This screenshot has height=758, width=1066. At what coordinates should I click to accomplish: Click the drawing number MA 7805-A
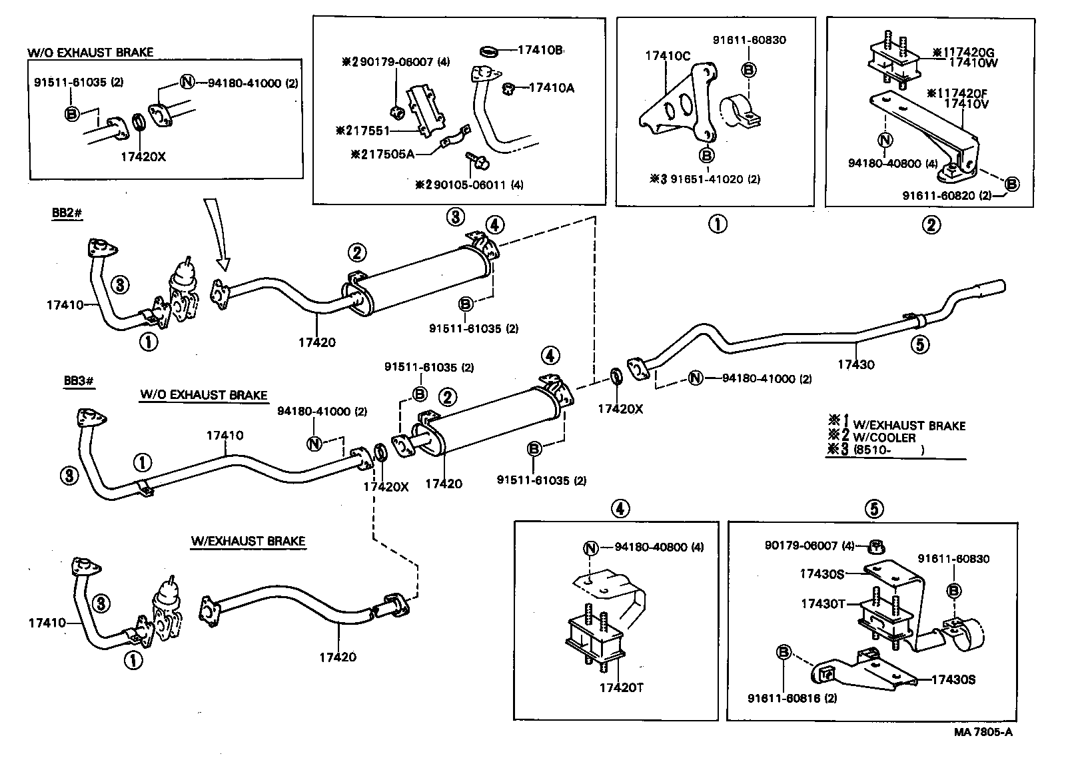(x=983, y=732)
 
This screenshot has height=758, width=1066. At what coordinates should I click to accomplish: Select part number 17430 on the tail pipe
(x=855, y=364)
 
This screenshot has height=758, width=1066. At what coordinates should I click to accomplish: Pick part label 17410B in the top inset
(x=541, y=50)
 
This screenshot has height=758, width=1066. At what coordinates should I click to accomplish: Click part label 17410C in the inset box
(x=668, y=56)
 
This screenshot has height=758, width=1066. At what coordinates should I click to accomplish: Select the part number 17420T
(x=621, y=687)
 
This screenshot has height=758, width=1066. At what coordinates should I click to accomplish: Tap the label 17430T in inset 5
(x=823, y=603)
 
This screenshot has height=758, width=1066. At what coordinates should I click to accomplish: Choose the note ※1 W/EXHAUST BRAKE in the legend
(x=897, y=425)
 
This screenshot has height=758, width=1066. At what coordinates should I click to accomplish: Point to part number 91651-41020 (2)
(x=706, y=179)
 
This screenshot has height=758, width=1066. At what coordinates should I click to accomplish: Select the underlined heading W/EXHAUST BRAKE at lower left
(x=248, y=541)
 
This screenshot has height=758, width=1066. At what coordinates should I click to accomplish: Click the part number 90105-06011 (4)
(x=469, y=185)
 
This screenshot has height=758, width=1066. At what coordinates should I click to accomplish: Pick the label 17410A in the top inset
(x=552, y=87)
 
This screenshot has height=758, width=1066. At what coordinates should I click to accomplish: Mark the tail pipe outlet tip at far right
(x=995, y=288)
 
